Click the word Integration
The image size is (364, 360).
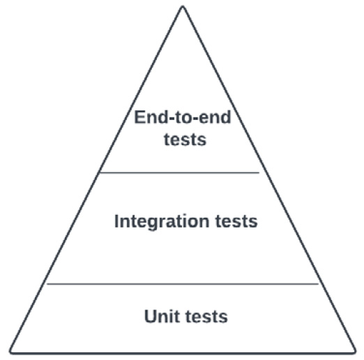click(162, 222)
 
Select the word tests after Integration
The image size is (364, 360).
click(236, 222)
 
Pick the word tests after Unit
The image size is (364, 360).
click(207, 317)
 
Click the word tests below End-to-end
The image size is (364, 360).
click(185, 140)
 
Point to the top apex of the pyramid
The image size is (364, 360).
click(183, 6)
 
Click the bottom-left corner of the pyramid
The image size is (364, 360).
click(10, 353)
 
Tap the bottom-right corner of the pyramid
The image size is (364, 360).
click(355, 353)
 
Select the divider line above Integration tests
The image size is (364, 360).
click(179, 173)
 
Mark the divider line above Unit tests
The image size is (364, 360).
click(183, 284)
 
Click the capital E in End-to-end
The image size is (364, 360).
click(139, 117)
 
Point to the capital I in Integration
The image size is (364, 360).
click(116, 221)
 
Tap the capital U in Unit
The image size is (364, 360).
click(150, 316)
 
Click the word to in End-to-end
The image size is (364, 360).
click(183, 117)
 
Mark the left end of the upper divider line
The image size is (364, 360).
click(100, 173)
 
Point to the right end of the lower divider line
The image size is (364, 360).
click(319, 284)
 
